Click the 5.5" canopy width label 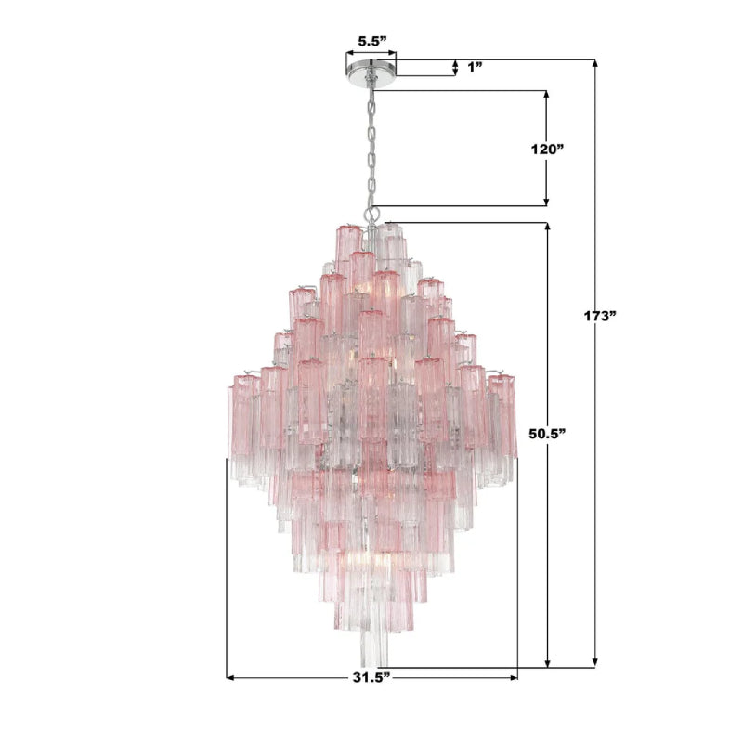371,42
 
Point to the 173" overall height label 601,316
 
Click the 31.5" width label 371,679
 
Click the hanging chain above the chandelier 371,149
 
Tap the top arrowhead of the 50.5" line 548,227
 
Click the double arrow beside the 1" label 455,67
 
